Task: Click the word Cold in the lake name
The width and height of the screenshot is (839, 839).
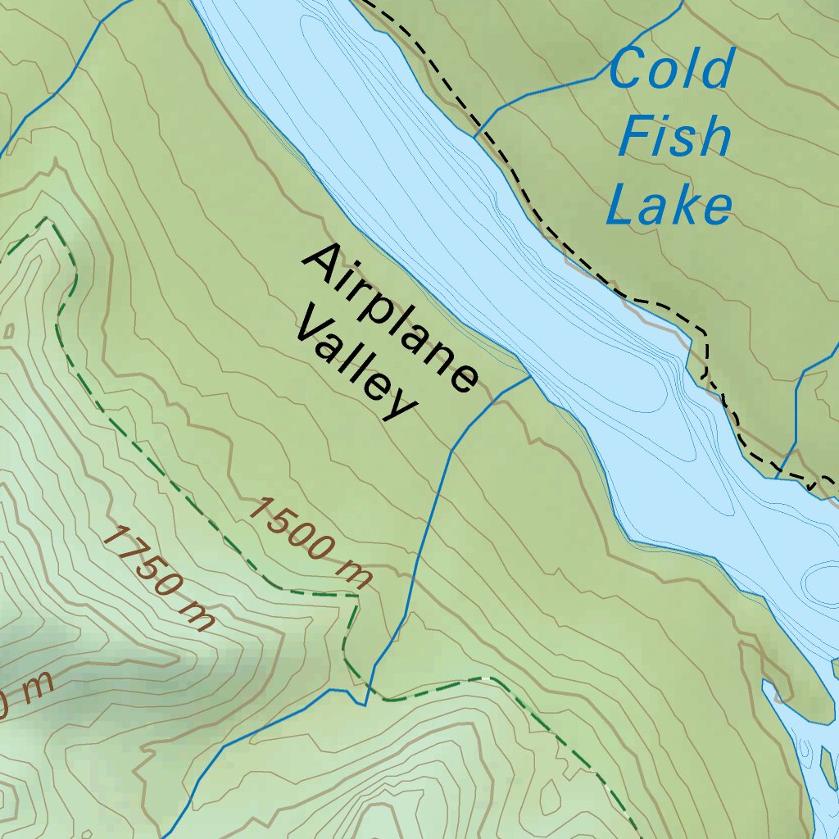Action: (670, 69)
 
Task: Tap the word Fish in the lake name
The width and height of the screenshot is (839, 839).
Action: (674, 136)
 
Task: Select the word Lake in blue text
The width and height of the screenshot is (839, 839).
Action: (669, 204)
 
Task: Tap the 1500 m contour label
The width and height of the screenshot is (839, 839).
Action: (310, 542)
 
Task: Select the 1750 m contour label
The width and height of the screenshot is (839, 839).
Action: (159, 578)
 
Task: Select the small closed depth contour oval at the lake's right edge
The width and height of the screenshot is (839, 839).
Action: (822, 580)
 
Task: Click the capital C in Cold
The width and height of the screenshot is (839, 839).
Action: (627, 69)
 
